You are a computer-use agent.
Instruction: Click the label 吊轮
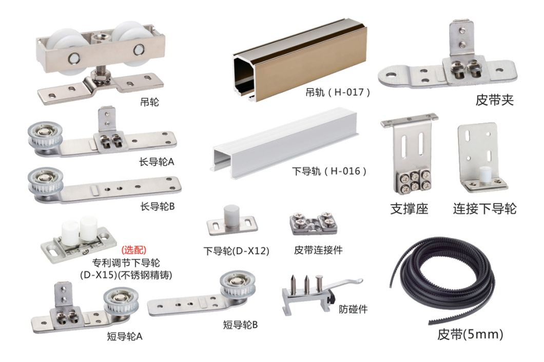149,102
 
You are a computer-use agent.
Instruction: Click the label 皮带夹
494,100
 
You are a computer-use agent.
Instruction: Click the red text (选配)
134,250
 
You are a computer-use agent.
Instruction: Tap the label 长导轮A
157,162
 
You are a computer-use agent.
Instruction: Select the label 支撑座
409,209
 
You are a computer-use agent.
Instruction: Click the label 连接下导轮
484,209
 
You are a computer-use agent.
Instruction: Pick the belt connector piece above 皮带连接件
313,223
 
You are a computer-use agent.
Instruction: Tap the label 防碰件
353,309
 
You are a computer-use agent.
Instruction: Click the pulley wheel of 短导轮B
238,285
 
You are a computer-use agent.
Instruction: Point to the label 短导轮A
125,336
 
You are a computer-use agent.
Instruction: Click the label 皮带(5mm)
470,334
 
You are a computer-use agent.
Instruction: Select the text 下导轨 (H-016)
329,171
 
